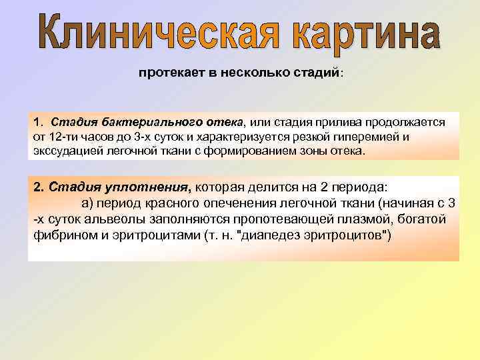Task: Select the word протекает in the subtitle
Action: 167,73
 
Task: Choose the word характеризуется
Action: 264,137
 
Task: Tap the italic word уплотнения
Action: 143,187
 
